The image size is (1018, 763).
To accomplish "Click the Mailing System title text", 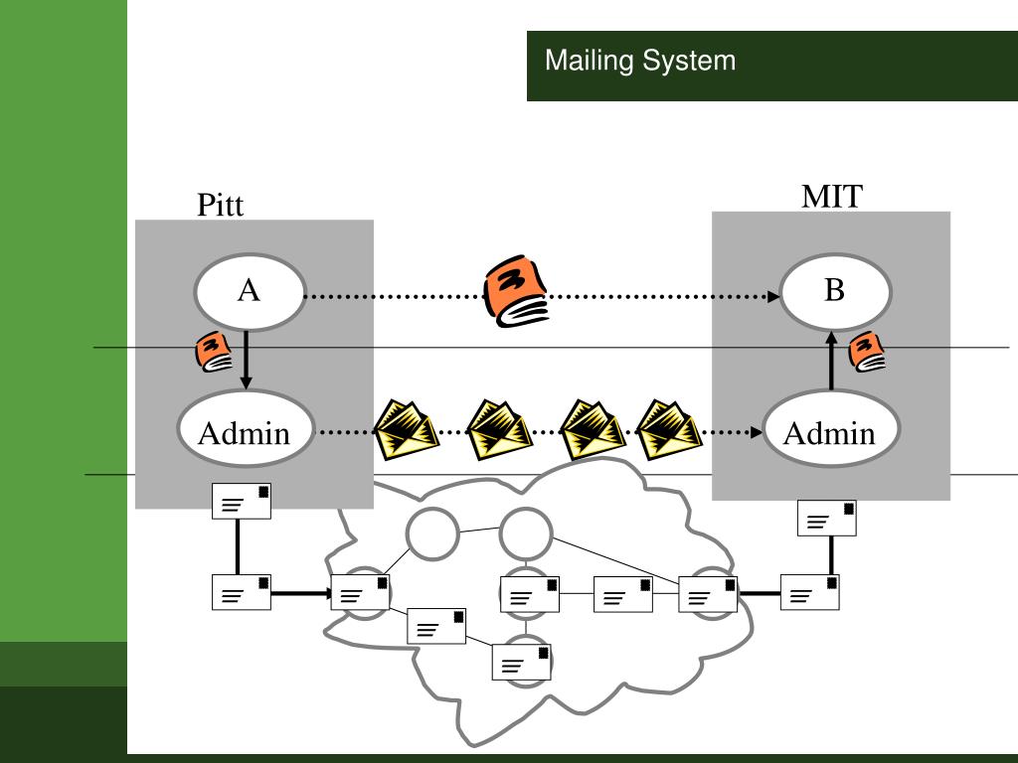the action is [x=640, y=61].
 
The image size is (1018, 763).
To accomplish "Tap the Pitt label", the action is [x=220, y=205].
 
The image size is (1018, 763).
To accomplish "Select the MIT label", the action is [x=832, y=196].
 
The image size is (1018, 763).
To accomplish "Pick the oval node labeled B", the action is [x=835, y=291].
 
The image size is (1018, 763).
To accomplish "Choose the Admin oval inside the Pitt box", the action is [x=246, y=429].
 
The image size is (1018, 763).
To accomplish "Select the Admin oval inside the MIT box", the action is [x=831, y=429].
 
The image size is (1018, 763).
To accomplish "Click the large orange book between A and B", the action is [x=516, y=291].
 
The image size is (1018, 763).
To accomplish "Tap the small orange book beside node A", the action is [x=214, y=352].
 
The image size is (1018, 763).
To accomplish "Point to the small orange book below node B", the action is [x=867, y=352].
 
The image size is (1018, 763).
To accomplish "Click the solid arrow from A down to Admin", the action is [x=246, y=360].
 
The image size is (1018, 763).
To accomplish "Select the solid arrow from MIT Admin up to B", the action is [x=831, y=360].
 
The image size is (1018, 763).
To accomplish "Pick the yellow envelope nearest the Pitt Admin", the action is [x=407, y=430].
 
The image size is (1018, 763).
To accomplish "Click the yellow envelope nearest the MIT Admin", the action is [x=669, y=430].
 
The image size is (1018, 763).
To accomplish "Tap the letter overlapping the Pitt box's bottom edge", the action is [x=242, y=501].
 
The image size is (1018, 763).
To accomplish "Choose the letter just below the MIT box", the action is [x=827, y=518].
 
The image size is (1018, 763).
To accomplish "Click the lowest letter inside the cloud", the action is [x=522, y=662].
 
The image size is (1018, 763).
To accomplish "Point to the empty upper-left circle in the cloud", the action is [x=432, y=534].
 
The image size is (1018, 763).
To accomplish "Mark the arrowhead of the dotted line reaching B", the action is [x=773, y=296].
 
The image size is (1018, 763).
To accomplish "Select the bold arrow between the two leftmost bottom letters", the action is [x=301, y=593].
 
